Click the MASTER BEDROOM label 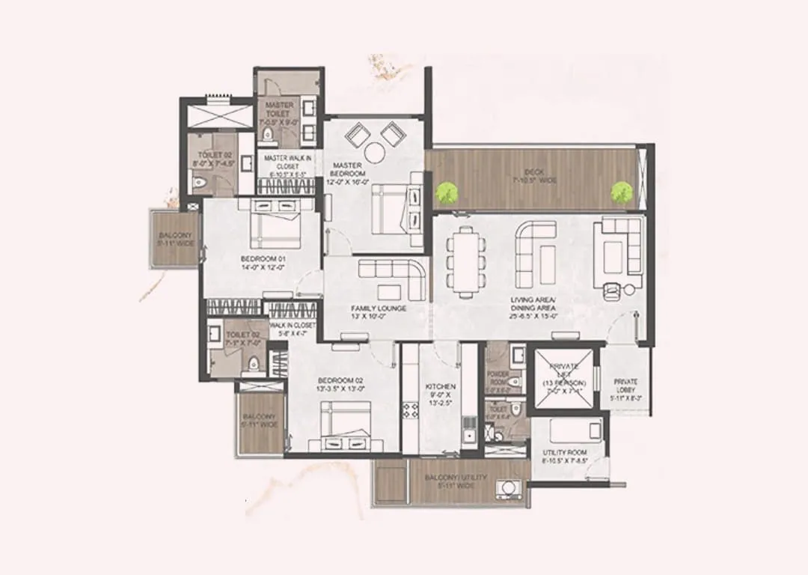click(x=348, y=170)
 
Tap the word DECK click(x=533, y=171)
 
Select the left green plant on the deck click(x=447, y=193)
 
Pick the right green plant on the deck click(x=620, y=192)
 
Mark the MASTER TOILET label click(x=279, y=111)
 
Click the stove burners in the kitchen click(x=411, y=410)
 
